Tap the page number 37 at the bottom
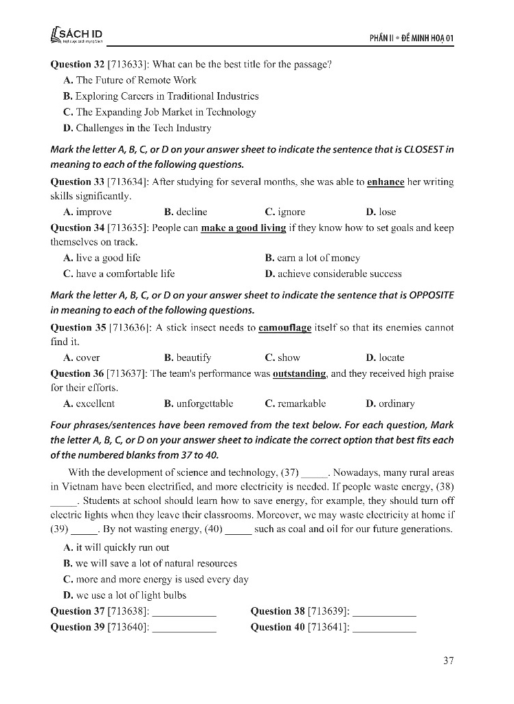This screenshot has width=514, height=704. click(x=449, y=661)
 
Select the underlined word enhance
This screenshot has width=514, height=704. click(x=385, y=182)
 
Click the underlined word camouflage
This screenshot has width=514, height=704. click(x=284, y=328)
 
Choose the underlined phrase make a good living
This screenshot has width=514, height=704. click(x=243, y=228)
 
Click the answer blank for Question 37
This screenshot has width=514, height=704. click(x=183, y=611)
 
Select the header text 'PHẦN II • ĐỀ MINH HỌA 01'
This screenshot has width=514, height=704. click(x=408, y=36)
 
